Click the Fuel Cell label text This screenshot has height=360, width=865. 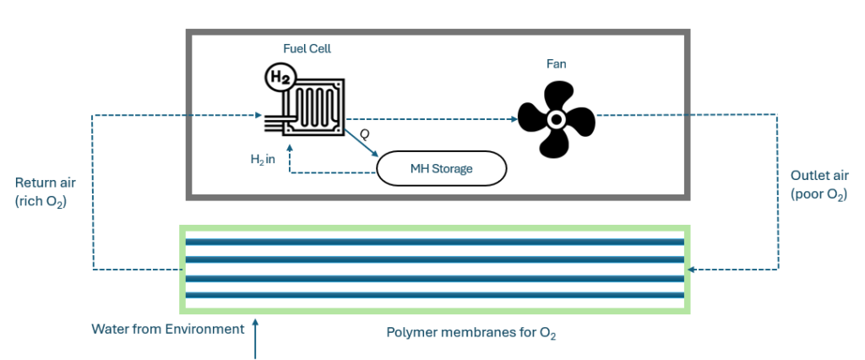click(x=307, y=49)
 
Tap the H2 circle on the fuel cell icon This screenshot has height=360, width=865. click(x=279, y=78)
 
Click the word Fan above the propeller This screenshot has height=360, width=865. click(x=556, y=63)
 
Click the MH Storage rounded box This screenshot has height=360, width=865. click(x=441, y=169)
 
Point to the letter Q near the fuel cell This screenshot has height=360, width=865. click(x=365, y=134)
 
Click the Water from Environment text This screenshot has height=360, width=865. click(x=167, y=329)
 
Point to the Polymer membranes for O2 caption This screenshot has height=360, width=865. click(x=471, y=332)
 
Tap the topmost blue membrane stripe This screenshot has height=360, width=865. click(x=435, y=243)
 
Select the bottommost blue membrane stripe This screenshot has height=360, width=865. click(x=435, y=295)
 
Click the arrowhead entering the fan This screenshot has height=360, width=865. click(x=511, y=119)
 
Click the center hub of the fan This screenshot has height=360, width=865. click(x=557, y=120)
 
